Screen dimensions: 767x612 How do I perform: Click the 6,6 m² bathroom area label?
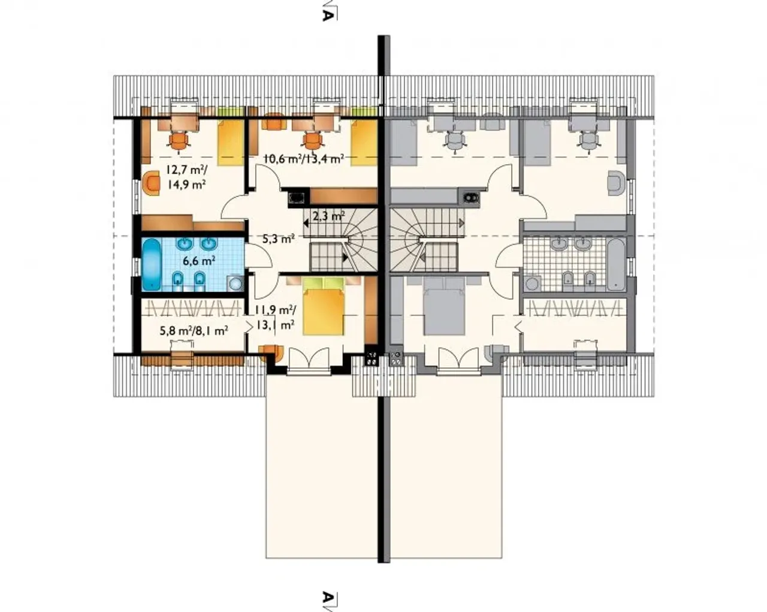pyautogui.click(x=199, y=261)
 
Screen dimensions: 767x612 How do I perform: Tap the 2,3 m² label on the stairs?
pyautogui.click(x=328, y=216)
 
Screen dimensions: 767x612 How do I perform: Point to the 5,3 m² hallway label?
pyautogui.click(x=279, y=238)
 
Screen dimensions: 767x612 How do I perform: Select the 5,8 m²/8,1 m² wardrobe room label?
pyautogui.click(x=194, y=331)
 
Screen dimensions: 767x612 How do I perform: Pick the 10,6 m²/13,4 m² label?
pyautogui.click(x=304, y=158)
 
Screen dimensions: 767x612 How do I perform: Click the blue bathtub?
pyautogui.click(x=152, y=264)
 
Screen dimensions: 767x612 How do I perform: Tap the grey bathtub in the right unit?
pyautogui.click(x=616, y=264)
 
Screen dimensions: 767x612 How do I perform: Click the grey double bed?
pyautogui.click(x=445, y=306)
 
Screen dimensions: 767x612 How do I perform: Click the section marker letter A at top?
pyautogui.click(x=327, y=16)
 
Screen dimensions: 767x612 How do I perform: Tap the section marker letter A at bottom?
pyautogui.click(x=327, y=596)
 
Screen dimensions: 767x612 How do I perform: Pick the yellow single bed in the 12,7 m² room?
pyautogui.click(x=231, y=142)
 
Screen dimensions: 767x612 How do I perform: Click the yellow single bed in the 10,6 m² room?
pyautogui.click(x=364, y=142)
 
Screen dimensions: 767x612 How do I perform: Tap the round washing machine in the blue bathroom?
pyautogui.click(x=235, y=284)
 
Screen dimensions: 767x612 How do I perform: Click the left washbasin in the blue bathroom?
pyautogui.click(x=185, y=244)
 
